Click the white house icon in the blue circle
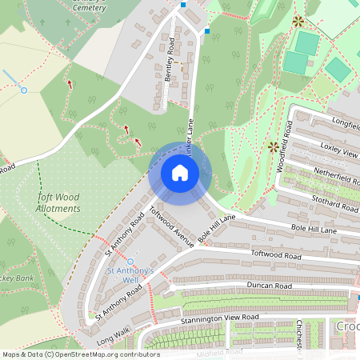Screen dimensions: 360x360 (x=180, y=172)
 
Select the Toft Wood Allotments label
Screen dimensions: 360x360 (x=59, y=202)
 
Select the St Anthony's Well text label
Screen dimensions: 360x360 (x=130, y=276)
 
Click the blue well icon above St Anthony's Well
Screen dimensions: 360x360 (x=130, y=261)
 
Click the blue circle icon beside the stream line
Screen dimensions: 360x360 (x=24, y=90)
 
